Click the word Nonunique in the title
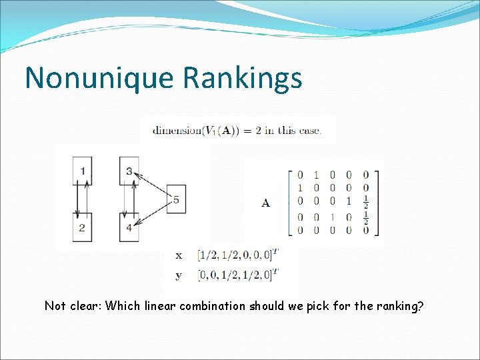tap(99, 77)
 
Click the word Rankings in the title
tap(242, 79)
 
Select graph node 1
tap(83, 171)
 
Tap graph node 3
tap(129, 171)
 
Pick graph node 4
tap(129, 227)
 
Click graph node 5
tap(175, 199)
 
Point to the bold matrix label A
tap(265, 203)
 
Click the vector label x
tap(179, 255)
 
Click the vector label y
tap(179, 274)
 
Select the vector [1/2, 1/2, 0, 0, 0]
tap(239, 255)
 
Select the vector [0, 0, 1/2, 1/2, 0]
tap(239, 273)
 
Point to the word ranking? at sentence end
tap(402, 306)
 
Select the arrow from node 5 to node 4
tap(150, 213)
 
